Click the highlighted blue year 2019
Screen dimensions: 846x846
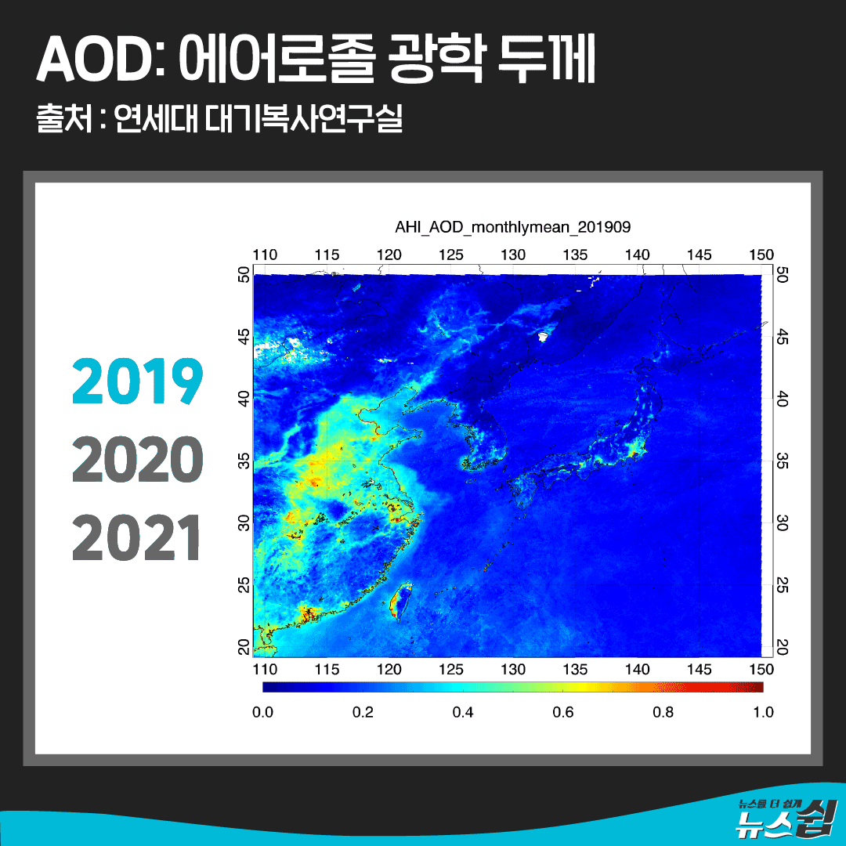pos(138,381)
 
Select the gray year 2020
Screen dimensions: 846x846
pos(138,459)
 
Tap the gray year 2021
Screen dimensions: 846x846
pos(136,537)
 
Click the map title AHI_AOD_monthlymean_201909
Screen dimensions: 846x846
pos(512,227)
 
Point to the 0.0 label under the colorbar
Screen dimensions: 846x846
pos(262,712)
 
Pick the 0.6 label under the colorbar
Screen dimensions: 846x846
pos(562,712)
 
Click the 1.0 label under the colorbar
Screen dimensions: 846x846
pos(764,712)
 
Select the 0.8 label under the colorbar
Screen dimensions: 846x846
pos(663,712)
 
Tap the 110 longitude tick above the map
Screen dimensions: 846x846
pos(265,255)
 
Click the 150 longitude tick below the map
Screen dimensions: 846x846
pos(761,670)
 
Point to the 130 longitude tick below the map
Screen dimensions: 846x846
pos(513,670)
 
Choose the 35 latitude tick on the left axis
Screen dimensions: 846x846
pos(244,461)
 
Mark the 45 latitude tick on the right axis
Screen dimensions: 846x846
pos(782,338)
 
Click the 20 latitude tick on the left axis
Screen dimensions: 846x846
pos(244,646)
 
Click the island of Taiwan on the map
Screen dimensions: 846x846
pos(399,601)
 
